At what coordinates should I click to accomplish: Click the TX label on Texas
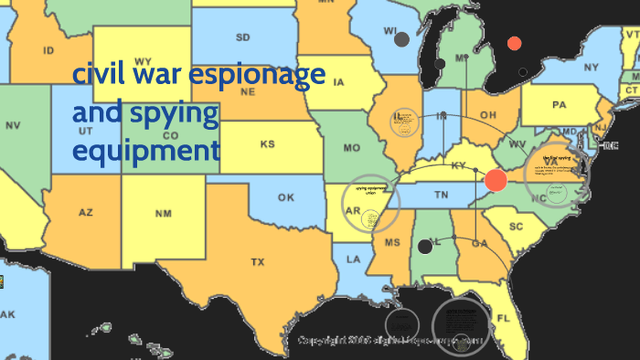pyautogui.click(x=257, y=262)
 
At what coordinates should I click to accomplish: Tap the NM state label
pyautogui.click(x=163, y=214)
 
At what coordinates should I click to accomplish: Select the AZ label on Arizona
pyautogui.click(x=85, y=212)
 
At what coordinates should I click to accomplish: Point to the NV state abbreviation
pyautogui.click(x=13, y=124)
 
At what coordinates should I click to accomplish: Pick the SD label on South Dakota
pyautogui.click(x=243, y=37)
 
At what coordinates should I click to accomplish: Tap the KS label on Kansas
pyautogui.click(x=267, y=144)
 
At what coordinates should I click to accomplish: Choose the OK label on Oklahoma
pyautogui.click(x=286, y=196)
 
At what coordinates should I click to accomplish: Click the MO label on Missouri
pyautogui.click(x=351, y=147)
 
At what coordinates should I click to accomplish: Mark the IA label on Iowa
pyautogui.click(x=338, y=83)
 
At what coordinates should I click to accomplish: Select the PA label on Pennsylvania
pyautogui.click(x=559, y=105)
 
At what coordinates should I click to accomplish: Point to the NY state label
pyautogui.click(x=591, y=68)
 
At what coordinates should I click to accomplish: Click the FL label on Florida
pyautogui.click(x=504, y=318)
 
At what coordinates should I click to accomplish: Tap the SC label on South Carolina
pyautogui.click(x=516, y=226)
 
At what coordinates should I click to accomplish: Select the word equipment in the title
pyautogui.click(x=146, y=150)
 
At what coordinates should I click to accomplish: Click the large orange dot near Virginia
pyautogui.click(x=496, y=180)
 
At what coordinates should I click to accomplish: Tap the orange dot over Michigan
pyautogui.click(x=514, y=43)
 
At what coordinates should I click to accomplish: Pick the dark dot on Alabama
pyautogui.click(x=425, y=246)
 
